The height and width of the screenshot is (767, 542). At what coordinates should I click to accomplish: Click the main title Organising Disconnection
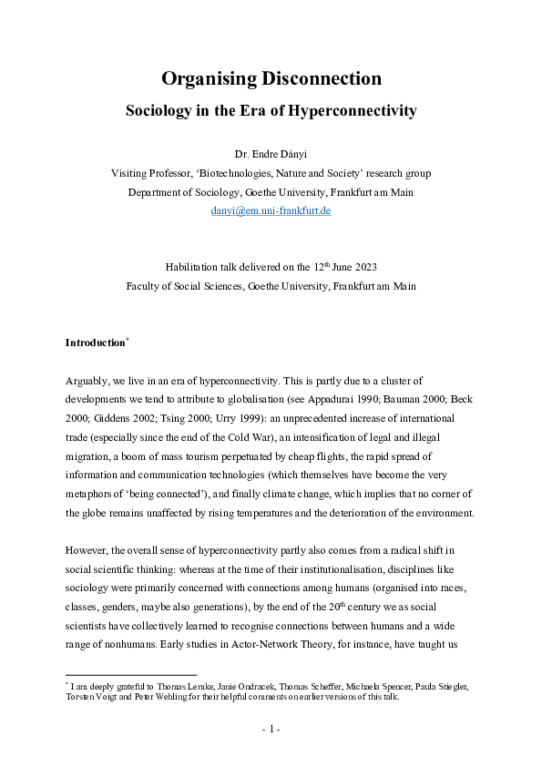[271, 79]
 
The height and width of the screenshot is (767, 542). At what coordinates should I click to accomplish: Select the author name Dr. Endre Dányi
[271, 154]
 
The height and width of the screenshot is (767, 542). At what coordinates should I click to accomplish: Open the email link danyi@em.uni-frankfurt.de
[271, 210]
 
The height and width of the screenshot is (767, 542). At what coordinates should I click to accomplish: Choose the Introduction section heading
[95, 343]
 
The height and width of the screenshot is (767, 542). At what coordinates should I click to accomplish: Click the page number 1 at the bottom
[271, 730]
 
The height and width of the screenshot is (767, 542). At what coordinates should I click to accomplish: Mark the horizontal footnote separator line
[131, 673]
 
